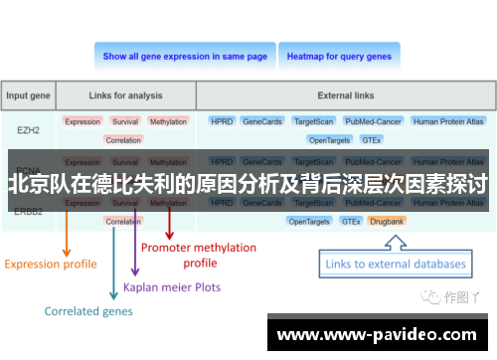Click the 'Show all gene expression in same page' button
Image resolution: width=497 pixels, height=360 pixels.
click(185, 57)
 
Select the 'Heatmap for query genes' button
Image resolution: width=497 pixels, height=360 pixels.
click(339, 57)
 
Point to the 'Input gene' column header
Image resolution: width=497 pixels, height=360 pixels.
click(29, 96)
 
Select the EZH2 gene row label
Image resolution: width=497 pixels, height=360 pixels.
click(29, 130)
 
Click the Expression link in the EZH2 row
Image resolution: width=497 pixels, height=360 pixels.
click(83, 121)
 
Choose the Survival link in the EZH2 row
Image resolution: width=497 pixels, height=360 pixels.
click(124, 121)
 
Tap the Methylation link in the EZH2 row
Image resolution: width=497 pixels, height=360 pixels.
click(168, 121)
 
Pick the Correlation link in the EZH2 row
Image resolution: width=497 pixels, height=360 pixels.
click(123, 140)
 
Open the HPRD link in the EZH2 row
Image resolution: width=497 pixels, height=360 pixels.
click(222, 121)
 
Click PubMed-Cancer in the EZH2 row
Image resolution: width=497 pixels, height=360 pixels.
click(372, 121)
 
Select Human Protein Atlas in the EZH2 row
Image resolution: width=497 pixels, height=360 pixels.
click(448, 121)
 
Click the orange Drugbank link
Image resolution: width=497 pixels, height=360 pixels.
click(387, 221)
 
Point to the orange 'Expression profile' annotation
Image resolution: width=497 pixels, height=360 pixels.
click(51, 264)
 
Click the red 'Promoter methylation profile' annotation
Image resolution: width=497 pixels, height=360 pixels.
click(199, 255)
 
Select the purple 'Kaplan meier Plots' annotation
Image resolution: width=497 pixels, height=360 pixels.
click(172, 286)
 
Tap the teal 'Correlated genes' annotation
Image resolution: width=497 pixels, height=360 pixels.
click(88, 310)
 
